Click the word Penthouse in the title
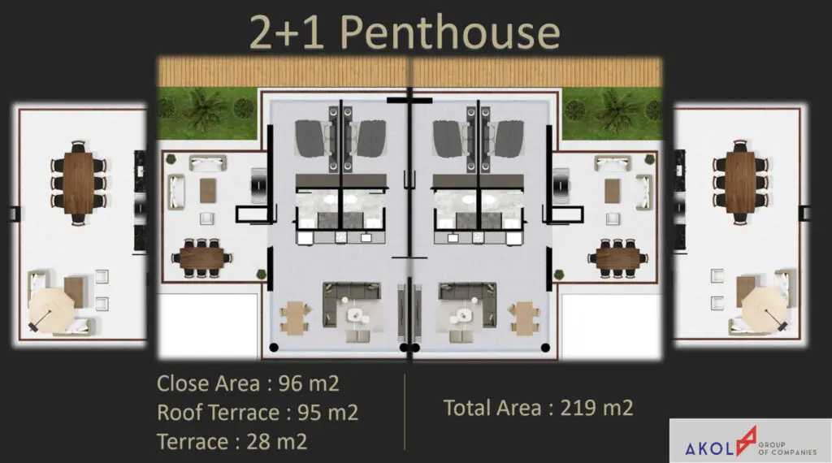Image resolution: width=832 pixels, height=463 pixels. (x=450, y=32)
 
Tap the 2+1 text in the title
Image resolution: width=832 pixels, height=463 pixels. (x=287, y=32)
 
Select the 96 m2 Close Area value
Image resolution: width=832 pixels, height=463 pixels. (x=309, y=383)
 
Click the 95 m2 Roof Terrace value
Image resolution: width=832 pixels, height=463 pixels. (x=328, y=413)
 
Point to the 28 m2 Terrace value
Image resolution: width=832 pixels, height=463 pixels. (x=277, y=442)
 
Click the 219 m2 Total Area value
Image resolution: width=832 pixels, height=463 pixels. (x=597, y=408)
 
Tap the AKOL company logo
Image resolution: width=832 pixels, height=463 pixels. (x=750, y=441)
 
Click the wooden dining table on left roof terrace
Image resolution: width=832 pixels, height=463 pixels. (x=79, y=183)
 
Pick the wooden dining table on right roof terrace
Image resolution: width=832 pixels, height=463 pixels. (x=741, y=183)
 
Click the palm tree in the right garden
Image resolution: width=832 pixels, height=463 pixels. (x=617, y=109)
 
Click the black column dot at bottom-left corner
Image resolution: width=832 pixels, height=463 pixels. (x=274, y=348)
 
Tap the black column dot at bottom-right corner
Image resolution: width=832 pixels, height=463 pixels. (x=545, y=348)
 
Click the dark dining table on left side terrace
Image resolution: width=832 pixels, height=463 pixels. (x=201, y=259)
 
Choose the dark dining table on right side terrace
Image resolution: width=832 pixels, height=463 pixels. (x=617, y=259)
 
